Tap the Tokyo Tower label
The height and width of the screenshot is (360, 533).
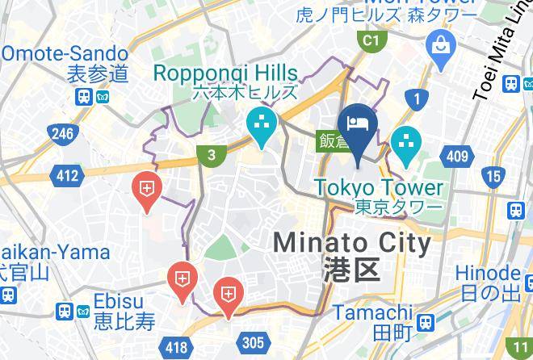pos(379,188)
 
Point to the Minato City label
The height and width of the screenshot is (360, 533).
pos(352,242)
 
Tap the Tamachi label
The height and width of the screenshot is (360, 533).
pos(373,312)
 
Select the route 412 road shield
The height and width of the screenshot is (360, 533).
pos(66,175)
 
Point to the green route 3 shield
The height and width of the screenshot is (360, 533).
pos(211,156)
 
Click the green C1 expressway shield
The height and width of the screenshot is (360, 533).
pos(370,40)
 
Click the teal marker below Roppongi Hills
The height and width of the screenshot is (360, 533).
pos(262,126)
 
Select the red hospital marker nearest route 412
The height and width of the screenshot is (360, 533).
pos(146,191)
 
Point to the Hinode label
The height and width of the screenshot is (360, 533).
pos(486,273)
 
